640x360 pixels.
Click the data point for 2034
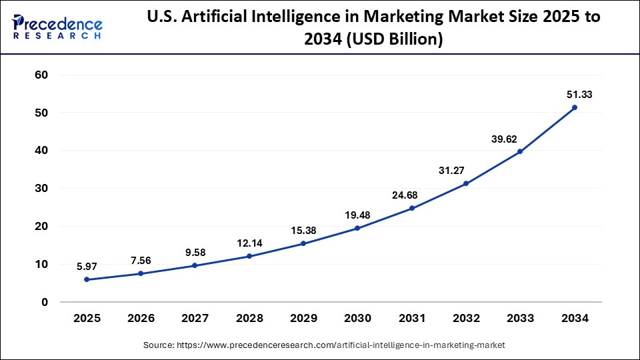tap(575, 107)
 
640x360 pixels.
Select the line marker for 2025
tap(87, 279)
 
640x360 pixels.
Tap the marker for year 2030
tap(357, 228)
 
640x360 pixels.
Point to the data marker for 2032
tap(466, 183)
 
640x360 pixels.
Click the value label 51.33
tap(575, 95)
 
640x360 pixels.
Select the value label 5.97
tap(87, 266)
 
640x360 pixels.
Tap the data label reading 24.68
tap(411, 195)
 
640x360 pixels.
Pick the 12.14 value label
tap(249, 243)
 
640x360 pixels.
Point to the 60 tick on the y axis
tap(41, 75)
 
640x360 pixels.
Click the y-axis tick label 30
tap(41, 189)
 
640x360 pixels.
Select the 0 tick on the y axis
tap(44, 302)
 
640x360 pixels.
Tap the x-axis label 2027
tap(195, 319)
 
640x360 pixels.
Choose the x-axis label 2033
tap(520, 319)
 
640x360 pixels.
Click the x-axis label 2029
tap(303, 319)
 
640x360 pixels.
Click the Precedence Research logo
tap(57, 27)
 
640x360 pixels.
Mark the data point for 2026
tap(141, 273)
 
